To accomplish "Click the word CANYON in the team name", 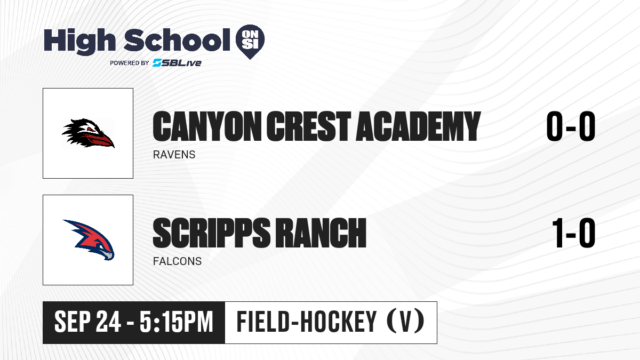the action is pyautogui.click(x=207, y=126).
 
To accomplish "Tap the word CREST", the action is pyautogui.click(x=308, y=126).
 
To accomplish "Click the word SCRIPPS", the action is pyautogui.click(x=211, y=233).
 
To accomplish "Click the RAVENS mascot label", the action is pyautogui.click(x=174, y=155).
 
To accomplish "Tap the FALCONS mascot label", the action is pyautogui.click(x=177, y=261).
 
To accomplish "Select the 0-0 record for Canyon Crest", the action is pyautogui.click(x=571, y=126).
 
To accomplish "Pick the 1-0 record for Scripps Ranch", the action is pyautogui.click(x=574, y=233).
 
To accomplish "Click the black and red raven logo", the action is pyautogui.click(x=88, y=133).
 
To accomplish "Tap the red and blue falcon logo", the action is pyautogui.click(x=89, y=239).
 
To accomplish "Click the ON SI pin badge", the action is pyautogui.click(x=250, y=42).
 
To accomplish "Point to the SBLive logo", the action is pyautogui.click(x=177, y=63).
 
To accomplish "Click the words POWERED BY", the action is pyautogui.click(x=130, y=63).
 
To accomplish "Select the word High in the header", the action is pyautogui.click(x=79, y=41).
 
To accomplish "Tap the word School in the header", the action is pyautogui.click(x=177, y=39).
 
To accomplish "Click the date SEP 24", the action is pyautogui.click(x=87, y=322).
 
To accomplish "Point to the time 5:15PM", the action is pyautogui.click(x=177, y=322).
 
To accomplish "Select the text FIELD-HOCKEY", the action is pyautogui.click(x=307, y=322).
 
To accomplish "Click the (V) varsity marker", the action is pyautogui.click(x=405, y=322).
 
